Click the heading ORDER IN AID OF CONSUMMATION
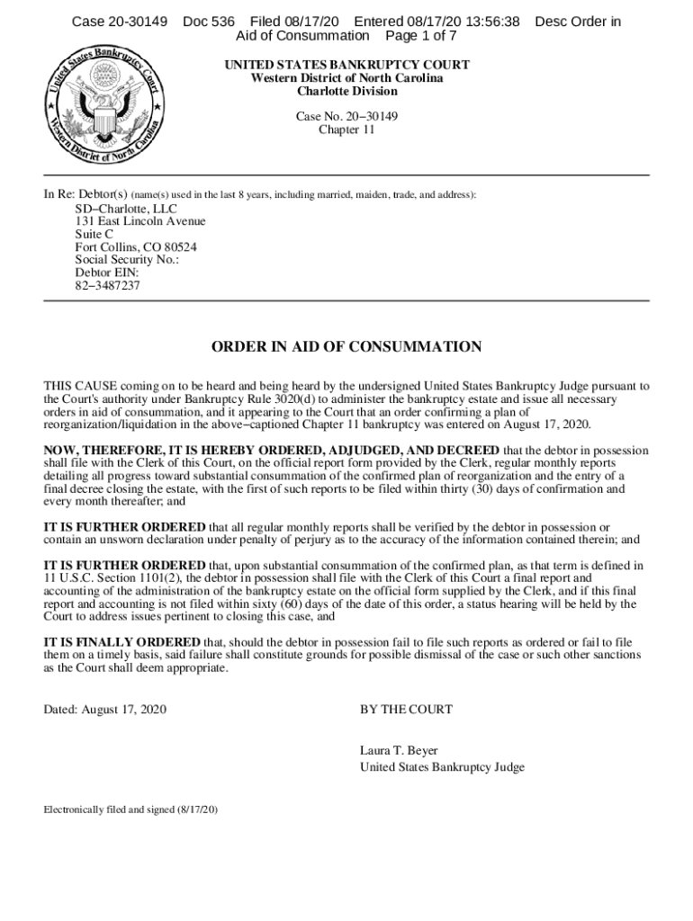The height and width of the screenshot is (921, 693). coord(346,347)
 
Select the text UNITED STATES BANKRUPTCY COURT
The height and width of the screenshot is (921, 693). coord(346,66)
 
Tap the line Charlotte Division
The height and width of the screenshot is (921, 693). coord(346,91)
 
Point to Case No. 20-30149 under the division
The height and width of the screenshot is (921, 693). coord(346,117)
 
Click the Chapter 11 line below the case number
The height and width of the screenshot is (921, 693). coord(346,130)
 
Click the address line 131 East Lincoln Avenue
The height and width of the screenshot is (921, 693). coord(139,221)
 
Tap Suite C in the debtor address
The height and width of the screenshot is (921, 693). coord(94,234)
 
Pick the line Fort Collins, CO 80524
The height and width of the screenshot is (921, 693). coord(136,247)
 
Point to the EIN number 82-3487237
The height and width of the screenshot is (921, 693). coord(107,286)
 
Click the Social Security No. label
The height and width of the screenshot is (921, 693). coord(127,260)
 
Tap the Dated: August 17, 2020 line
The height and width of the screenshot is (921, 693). coord(105,710)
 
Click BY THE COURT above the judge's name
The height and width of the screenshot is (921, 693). coord(406,710)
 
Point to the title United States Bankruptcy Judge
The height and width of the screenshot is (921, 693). coord(442,767)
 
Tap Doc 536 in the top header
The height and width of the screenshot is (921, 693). coord(209,21)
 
